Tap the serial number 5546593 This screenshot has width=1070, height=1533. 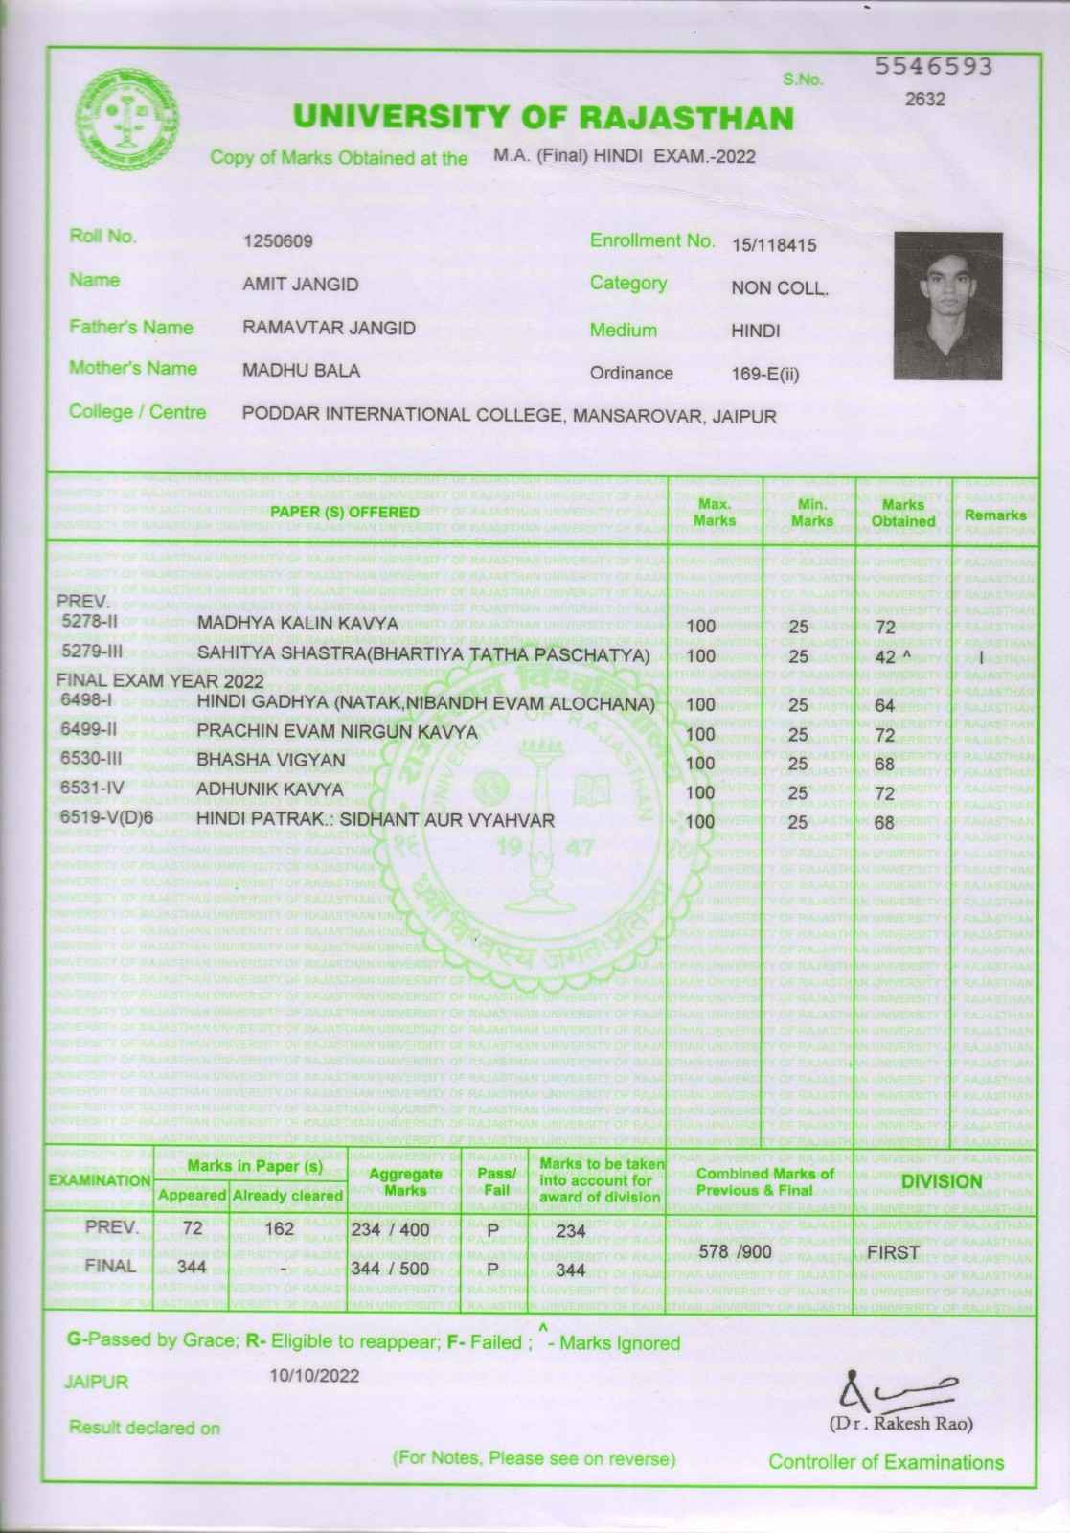(x=934, y=67)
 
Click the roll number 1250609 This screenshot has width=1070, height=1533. (x=278, y=240)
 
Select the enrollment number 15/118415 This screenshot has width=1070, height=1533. (x=774, y=245)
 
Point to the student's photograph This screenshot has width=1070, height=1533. (x=947, y=307)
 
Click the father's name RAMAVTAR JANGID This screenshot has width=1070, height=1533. (x=329, y=329)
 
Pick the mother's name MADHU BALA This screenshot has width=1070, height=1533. (x=301, y=371)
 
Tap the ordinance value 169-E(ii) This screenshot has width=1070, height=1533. (x=764, y=375)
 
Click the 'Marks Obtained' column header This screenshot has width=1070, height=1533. (x=902, y=513)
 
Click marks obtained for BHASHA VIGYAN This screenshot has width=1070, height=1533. (x=884, y=765)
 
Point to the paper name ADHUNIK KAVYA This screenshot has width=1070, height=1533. (x=269, y=790)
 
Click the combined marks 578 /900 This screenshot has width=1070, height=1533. (x=735, y=1251)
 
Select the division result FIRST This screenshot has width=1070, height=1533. (x=893, y=1252)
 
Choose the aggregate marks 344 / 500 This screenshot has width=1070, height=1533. (x=391, y=1270)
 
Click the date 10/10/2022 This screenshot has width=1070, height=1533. (x=314, y=1376)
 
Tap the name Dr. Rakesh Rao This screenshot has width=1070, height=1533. (x=900, y=1424)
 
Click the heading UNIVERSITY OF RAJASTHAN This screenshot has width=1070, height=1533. (x=543, y=118)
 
